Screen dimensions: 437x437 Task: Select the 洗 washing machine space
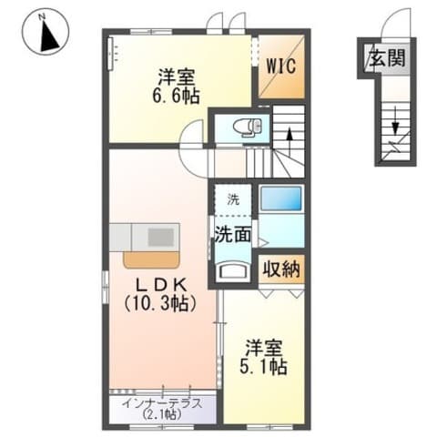click(233, 198)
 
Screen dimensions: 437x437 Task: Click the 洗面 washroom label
click(233, 234)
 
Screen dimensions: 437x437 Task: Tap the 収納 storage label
click(281, 269)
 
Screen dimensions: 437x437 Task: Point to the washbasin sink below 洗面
click(234, 269)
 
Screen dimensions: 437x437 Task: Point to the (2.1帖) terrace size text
click(162, 415)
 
